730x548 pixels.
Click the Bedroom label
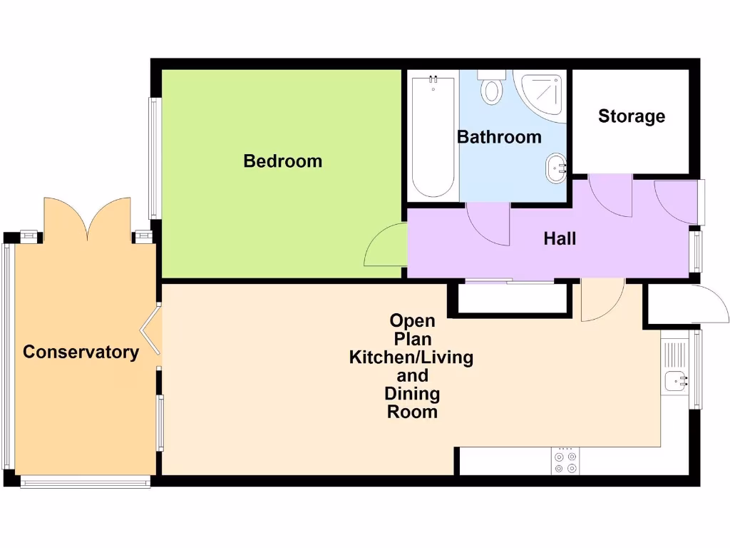282,161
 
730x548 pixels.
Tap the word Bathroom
499,137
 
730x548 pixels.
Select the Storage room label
631,116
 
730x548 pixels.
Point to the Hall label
560,239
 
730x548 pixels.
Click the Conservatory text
81,352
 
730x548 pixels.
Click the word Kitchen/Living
411,357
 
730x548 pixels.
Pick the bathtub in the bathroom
433,136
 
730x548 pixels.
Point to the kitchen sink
674,382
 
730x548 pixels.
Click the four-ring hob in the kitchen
566,462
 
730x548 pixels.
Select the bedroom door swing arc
385,246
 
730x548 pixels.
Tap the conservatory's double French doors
88,218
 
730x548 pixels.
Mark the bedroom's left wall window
153,158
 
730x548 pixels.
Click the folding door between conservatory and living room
150,330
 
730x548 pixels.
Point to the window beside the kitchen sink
698,369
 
